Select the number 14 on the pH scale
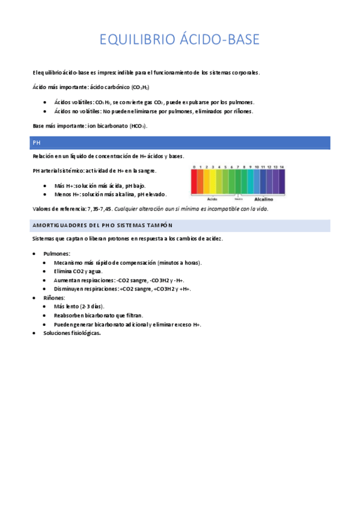coord(281,167)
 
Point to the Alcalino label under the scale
coord(263,198)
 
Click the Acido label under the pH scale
coord(212,198)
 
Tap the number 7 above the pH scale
coord(237,167)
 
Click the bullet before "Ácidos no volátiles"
coord(46,111)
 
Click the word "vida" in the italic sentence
coord(260,209)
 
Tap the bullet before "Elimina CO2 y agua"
coord(46,272)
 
